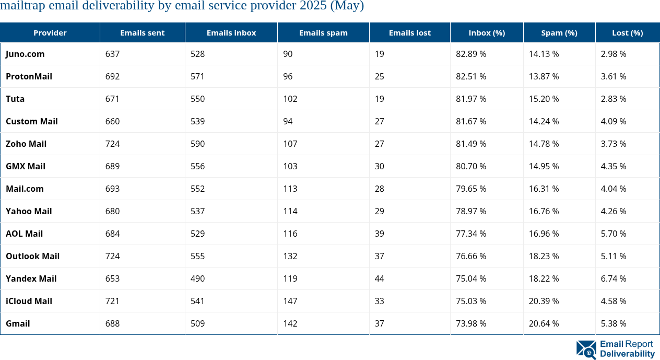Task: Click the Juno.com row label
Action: [25, 54]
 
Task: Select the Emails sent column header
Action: [142, 32]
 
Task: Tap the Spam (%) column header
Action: [559, 32]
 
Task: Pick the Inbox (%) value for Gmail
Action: [471, 323]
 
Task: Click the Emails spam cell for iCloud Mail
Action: [290, 301]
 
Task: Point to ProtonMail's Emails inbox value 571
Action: [197, 76]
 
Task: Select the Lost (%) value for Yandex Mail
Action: [613, 278]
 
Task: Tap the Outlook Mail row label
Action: [32, 256]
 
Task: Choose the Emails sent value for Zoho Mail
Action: [112, 144]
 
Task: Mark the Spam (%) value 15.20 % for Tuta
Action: [544, 99]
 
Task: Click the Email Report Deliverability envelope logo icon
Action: [586, 350]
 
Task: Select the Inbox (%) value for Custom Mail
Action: [471, 121]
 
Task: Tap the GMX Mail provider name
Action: [26, 166]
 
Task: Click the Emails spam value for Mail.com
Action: [290, 189]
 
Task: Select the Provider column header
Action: [50, 32]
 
